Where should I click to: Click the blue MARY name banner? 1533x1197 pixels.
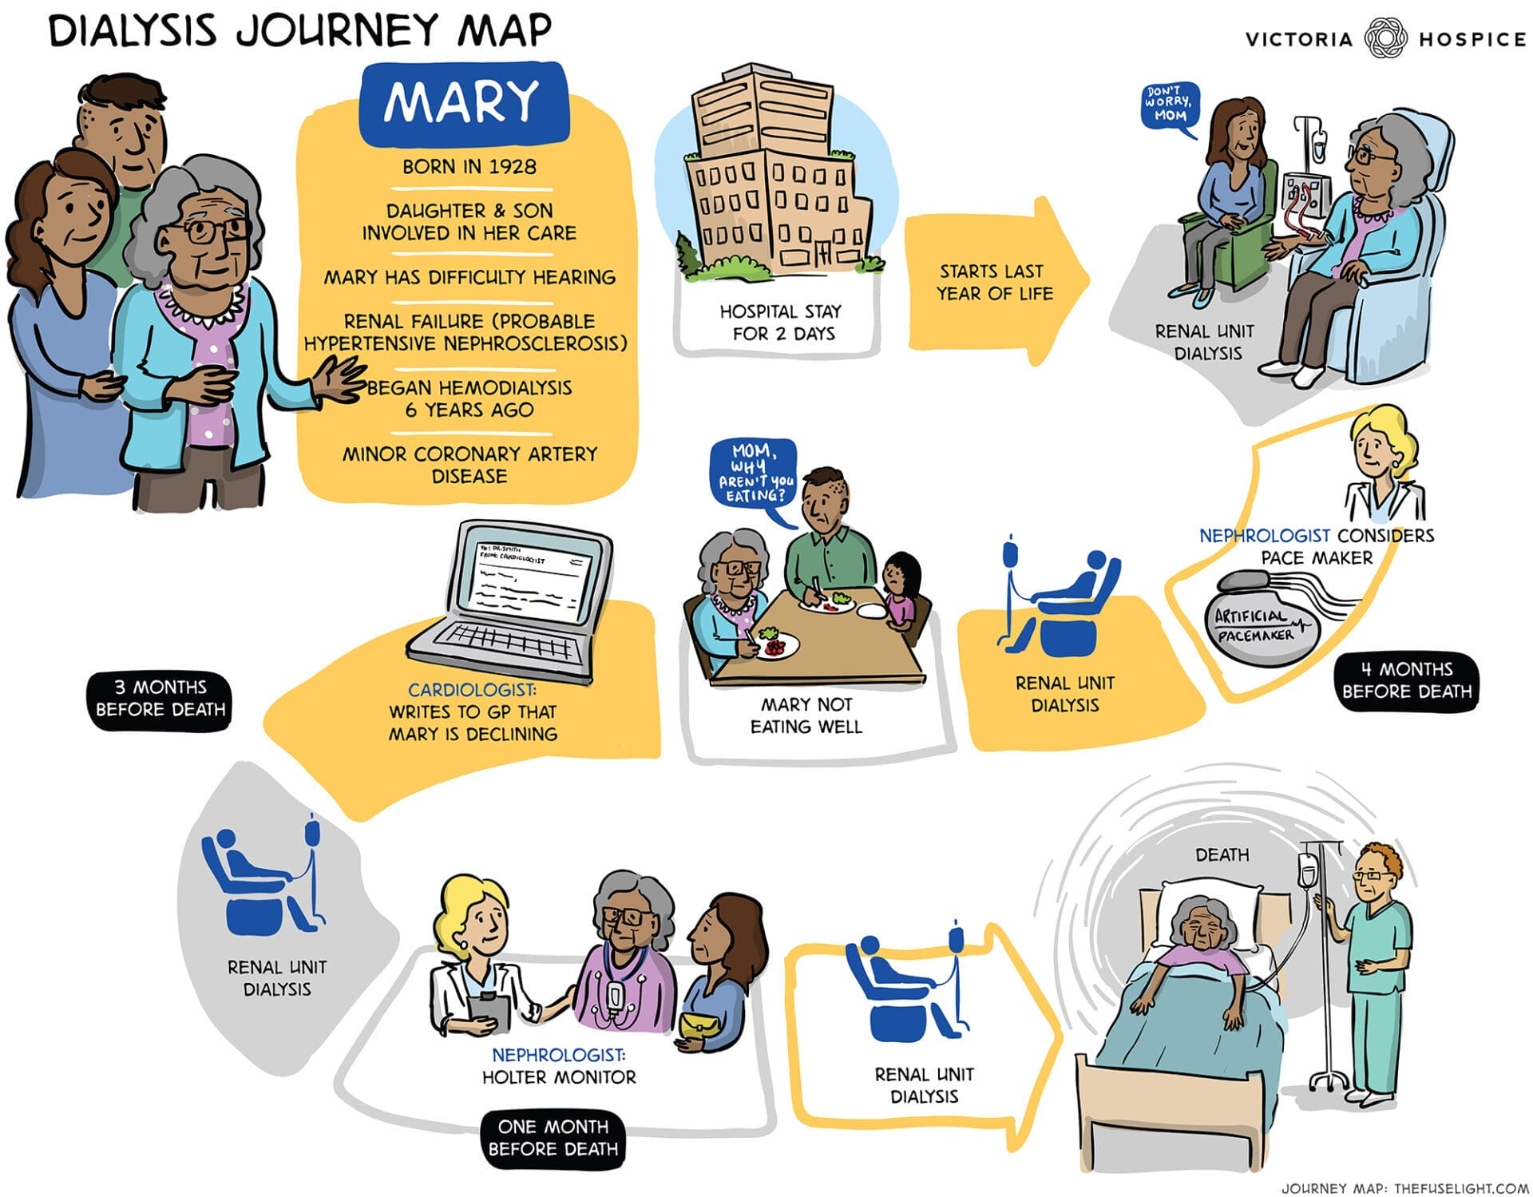point(464,102)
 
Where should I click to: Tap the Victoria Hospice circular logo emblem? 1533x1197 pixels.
point(1385,38)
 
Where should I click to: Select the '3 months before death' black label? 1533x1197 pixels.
point(160,699)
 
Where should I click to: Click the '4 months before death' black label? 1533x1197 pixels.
point(1406,680)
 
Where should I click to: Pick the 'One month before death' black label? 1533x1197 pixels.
point(553,1138)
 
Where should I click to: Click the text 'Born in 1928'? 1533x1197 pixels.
point(469,167)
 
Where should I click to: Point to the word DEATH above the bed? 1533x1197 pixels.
point(1222,854)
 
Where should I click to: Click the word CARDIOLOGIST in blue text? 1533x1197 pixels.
point(472,689)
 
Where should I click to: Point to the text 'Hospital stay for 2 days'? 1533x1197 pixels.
point(780,323)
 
